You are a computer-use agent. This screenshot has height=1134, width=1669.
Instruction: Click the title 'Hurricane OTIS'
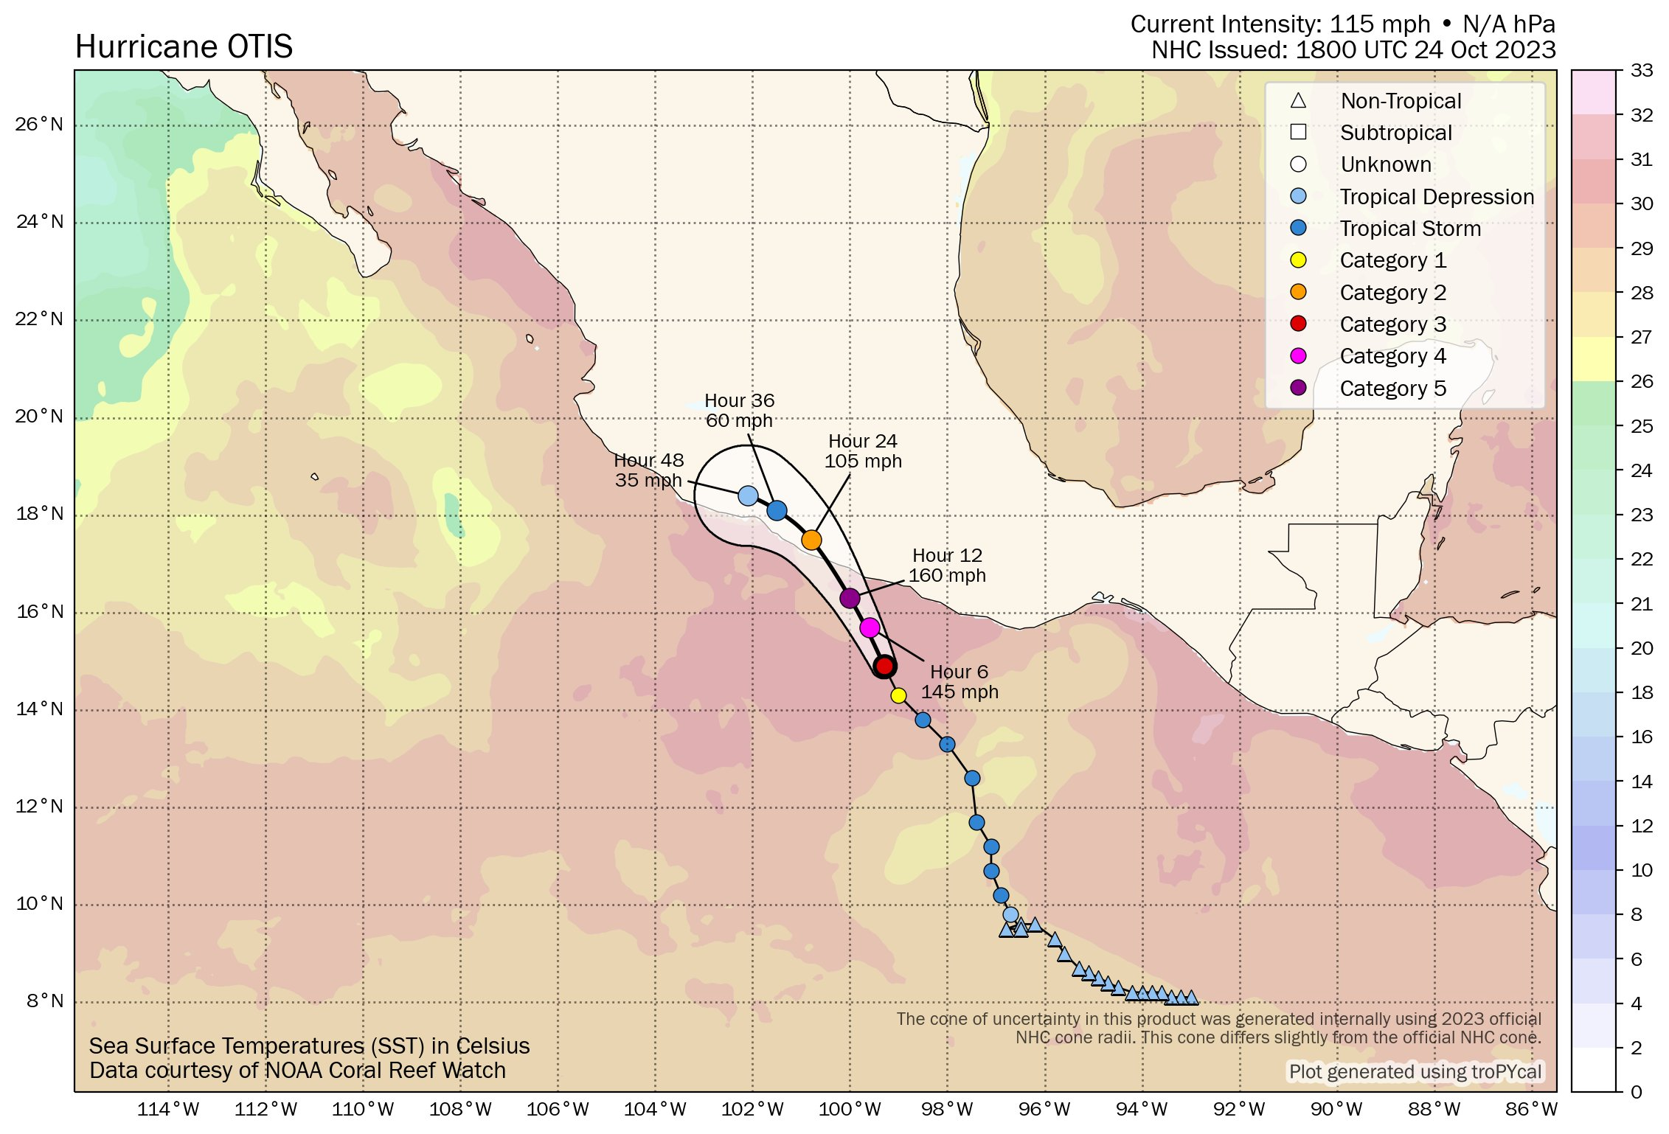click(x=184, y=47)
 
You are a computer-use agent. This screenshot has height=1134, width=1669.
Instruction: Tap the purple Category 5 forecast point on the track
click(x=850, y=598)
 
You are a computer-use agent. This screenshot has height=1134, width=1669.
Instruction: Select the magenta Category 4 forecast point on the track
click(x=870, y=627)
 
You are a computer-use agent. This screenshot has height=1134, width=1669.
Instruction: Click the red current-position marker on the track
click(x=884, y=666)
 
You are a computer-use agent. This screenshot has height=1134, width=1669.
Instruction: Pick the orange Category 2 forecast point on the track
click(x=811, y=540)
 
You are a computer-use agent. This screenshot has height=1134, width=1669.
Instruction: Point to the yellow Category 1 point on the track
click(x=898, y=695)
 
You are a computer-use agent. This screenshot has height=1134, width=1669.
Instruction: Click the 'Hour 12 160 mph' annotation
click(x=947, y=566)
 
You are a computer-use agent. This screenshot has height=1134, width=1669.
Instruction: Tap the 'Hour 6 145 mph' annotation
click(x=960, y=682)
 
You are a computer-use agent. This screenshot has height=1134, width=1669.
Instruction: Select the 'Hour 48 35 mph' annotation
click(x=649, y=470)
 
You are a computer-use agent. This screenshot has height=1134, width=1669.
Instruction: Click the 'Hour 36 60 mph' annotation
click(x=739, y=411)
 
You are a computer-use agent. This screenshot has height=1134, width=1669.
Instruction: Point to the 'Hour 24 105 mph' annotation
click(x=863, y=451)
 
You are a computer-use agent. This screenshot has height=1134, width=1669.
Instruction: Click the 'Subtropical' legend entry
click(x=1395, y=133)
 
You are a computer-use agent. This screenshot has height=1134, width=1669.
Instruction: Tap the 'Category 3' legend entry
click(x=1392, y=324)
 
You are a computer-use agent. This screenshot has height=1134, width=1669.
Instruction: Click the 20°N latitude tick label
click(x=40, y=417)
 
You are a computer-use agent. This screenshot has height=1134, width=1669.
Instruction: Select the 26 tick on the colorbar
click(x=1642, y=381)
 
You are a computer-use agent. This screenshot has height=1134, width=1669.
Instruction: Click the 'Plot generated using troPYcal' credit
click(x=1415, y=1071)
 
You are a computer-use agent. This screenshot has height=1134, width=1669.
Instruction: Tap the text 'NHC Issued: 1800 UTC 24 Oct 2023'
click(x=1353, y=50)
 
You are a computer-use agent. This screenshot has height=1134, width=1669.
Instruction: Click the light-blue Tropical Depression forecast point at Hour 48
click(x=748, y=495)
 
